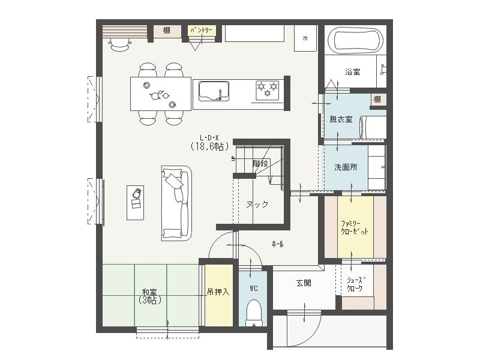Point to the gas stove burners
pyautogui.click(x=268, y=90)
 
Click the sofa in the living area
pyautogui.click(x=176, y=203)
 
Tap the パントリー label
pyautogui.click(x=202, y=29)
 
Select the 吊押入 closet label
pyautogui.click(x=218, y=292)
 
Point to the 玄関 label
pyautogui.click(x=304, y=283)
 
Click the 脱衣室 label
pyautogui.click(x=341, y=119)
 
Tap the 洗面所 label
pyautogui.click(x=345, y=167)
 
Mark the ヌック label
pyautogui.click(x=257, y=204)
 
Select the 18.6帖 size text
pyautogui.click(x=209, y=146)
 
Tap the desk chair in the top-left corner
pyautogui.click(x=121, y=43)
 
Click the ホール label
pyautogui.click(x=278, y=244)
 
